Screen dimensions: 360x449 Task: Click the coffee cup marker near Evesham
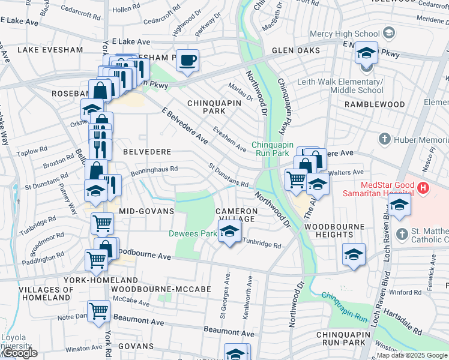[x=188, y=60]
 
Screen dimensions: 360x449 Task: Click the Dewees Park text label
[x=192, y=233]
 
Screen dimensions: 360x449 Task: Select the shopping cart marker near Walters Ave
[x=295, y=179]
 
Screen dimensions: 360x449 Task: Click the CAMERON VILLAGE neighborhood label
[x=237, y=215]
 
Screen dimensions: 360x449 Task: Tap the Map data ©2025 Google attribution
[x=411, y=355]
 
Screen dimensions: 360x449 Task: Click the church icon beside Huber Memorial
[x=385, y=139]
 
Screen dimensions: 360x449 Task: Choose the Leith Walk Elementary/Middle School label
[x=357, y=86]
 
